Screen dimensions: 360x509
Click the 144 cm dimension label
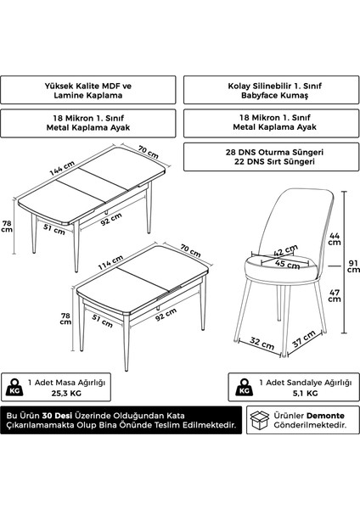[62, 168]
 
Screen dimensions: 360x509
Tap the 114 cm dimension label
[110, 262]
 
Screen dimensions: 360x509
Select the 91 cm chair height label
[353, 266]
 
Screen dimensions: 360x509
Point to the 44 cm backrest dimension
[335, 239]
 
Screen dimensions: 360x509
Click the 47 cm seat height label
[335, 295]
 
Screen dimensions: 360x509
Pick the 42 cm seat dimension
[285, 250]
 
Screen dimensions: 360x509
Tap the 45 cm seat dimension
[287, 264]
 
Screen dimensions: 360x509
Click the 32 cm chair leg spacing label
[262, 343]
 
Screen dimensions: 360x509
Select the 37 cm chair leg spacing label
[304, 338]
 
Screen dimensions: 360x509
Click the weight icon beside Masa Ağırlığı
[14, 388]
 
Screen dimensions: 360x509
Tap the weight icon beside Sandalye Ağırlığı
[245, 388]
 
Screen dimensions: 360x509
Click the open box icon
[260, 420]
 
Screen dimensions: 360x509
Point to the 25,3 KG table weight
[66, 394]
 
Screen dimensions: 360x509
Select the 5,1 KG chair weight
[305, 394]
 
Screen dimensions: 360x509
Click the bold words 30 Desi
[57, 416]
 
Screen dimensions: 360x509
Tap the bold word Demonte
[325, 416]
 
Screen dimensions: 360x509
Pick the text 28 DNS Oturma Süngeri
[274, 152]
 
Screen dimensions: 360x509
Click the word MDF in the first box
[112, 86]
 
